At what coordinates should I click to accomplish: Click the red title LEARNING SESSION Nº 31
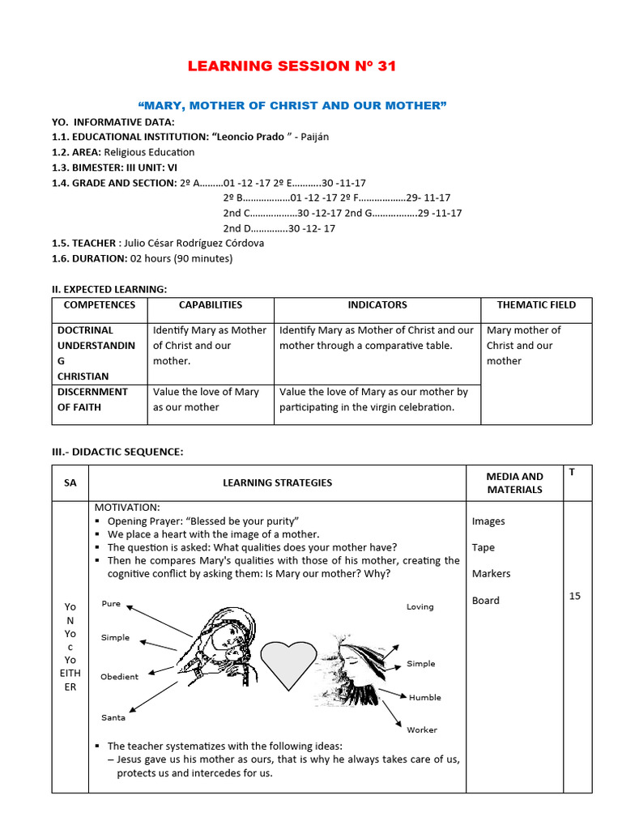pos(292,66)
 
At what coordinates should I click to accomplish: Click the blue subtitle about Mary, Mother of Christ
pos(292,106)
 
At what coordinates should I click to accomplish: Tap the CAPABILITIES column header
pos(210,305)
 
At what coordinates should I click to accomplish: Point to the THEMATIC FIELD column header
pos(536,305)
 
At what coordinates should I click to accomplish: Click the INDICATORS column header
pos(377,305)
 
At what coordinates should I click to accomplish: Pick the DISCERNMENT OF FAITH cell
pos(92,399)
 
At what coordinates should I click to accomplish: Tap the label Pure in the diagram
pos(111,604)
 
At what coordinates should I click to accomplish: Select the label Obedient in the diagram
pos(119,677)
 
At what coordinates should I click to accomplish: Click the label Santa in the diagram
pos(113,717)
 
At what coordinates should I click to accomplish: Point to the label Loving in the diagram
pos(420,606)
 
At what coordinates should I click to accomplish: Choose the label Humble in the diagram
pos(424,697)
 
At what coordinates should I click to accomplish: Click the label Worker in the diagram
pos(421,729)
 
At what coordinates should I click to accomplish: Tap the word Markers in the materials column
pos(491,573)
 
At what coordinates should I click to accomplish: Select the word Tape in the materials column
pos(483,547)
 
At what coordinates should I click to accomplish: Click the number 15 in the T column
pos(575,596)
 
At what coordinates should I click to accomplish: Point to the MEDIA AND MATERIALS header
pos(514,483)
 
